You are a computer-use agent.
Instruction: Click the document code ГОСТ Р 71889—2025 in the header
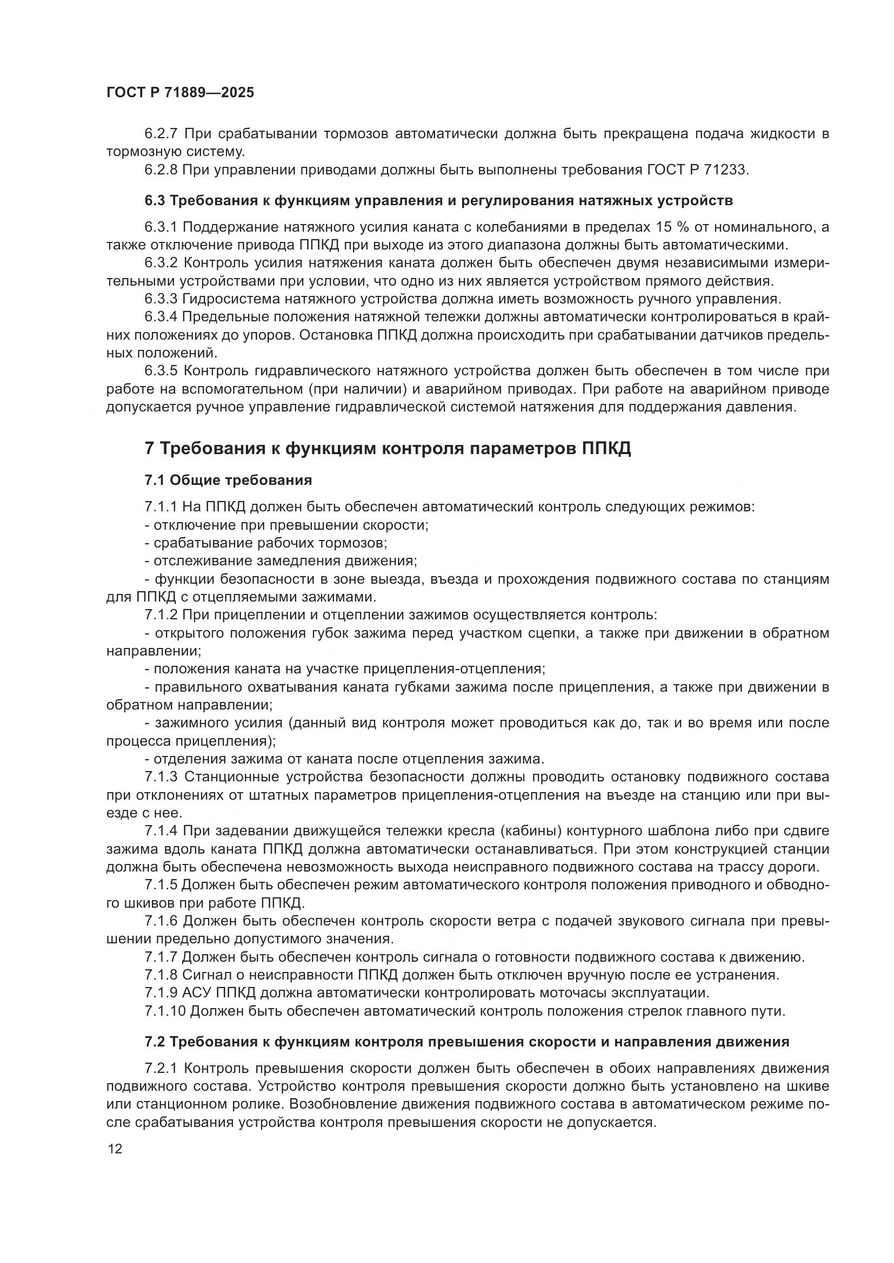pos(180,92)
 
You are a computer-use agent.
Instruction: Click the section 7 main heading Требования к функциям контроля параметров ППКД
pos(388,449)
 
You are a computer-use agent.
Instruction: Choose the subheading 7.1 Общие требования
pos(228,480)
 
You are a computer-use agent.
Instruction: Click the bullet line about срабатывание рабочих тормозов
pos(266,544)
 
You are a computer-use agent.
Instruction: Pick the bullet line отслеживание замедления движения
pos(281,561)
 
